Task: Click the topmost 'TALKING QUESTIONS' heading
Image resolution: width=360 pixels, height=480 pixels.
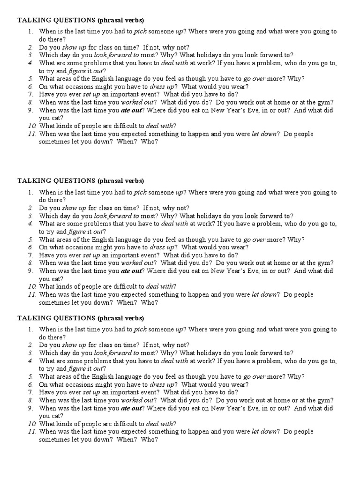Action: [x=56, y=20]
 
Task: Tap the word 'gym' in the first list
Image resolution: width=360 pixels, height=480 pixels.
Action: [x=328, y=102]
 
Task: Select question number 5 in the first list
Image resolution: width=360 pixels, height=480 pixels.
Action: [x=30, y=79]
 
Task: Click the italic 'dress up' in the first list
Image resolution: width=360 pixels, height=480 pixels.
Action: [x=162, y=87]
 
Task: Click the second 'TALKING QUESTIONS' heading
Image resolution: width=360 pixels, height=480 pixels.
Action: [x=56, y=181]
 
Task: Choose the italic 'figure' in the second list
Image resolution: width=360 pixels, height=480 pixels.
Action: [x=77, y=232]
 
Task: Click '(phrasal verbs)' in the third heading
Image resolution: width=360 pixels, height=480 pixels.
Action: [x=120, y=318]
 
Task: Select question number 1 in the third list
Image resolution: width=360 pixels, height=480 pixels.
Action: [x=30, y=329]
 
